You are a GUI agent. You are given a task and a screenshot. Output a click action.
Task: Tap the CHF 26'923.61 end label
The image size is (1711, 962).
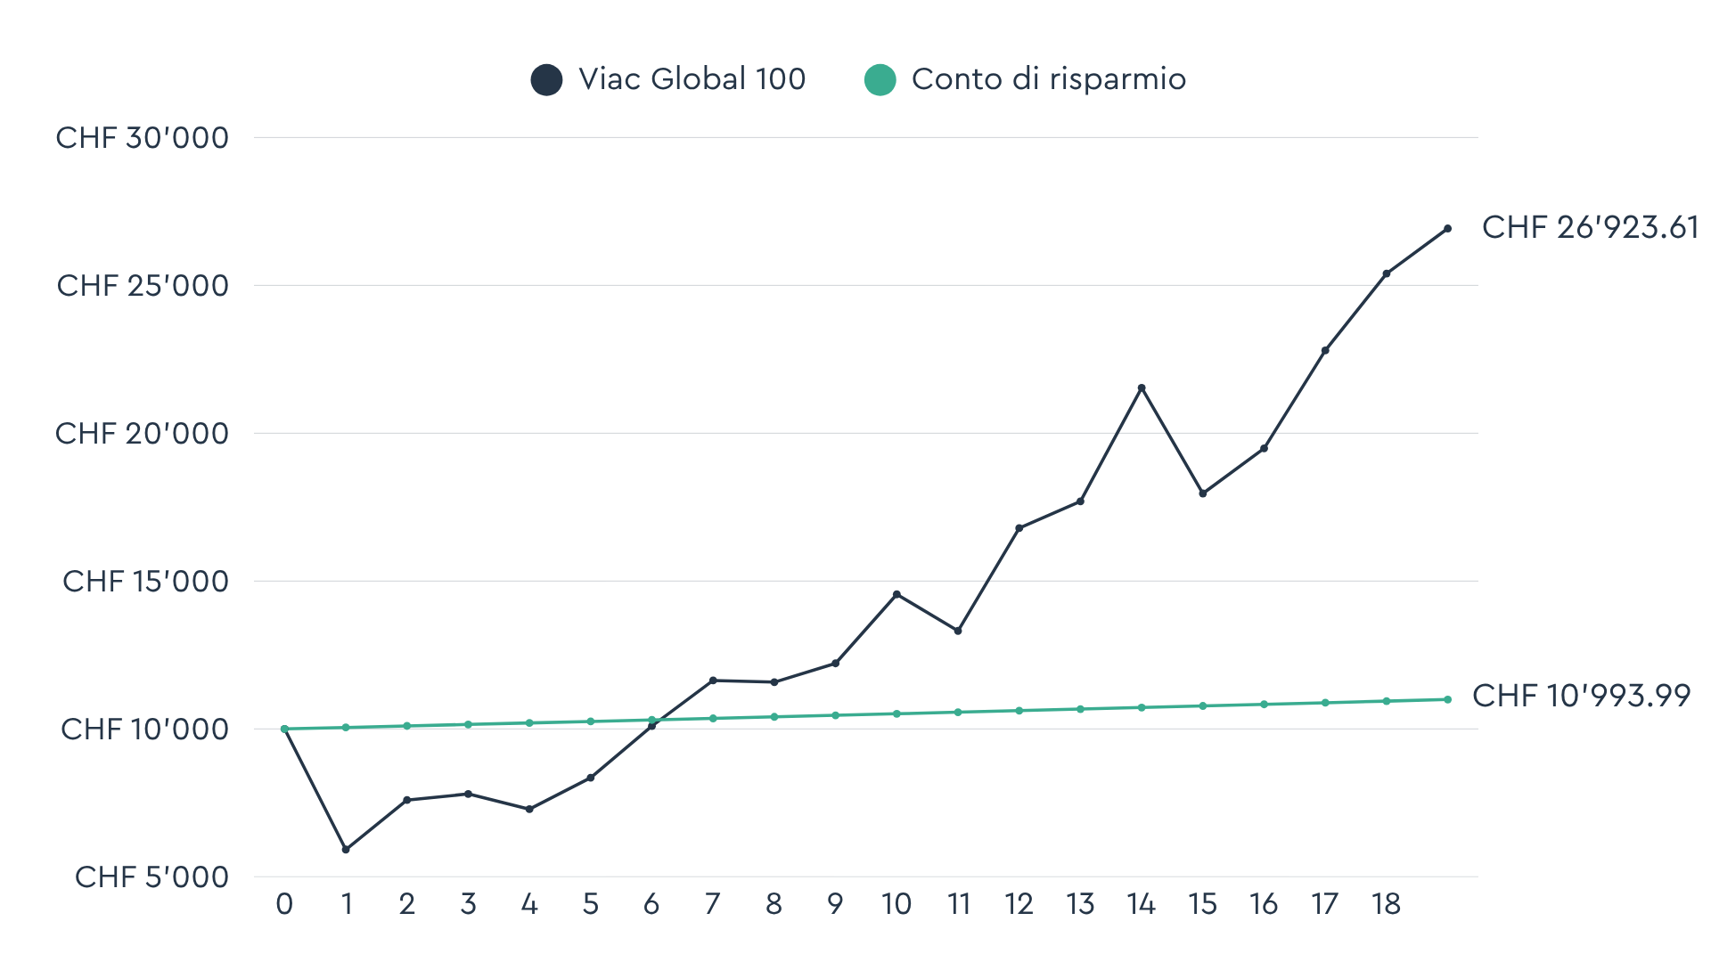(1590, 228)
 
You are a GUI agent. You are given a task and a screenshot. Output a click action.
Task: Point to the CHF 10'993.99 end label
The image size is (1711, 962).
(1581, 696)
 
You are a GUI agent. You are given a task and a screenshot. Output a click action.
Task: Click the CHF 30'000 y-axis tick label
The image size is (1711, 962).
(143, 138)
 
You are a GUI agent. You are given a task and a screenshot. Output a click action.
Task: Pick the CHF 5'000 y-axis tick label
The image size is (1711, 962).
(151, 877)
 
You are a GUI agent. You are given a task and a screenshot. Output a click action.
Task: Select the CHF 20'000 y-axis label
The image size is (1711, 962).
(143, 434)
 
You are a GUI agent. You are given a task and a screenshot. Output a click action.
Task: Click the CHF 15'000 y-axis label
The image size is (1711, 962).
(145, 582)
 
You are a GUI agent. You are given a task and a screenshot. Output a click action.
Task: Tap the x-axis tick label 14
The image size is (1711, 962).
(1141, 905)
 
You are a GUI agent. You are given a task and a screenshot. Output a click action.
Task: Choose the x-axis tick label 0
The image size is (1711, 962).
(284, 905)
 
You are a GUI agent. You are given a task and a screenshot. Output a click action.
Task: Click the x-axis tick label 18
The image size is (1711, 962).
(1386, 905)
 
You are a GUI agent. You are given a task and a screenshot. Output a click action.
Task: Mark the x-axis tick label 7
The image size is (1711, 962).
(712, 905)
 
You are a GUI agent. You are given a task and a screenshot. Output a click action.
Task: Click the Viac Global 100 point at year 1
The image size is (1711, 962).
(346, 849)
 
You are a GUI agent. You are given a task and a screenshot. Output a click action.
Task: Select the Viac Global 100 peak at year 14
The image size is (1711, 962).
(1142, 388)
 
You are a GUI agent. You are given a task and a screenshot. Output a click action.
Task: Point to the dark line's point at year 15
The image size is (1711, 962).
(1202, 493)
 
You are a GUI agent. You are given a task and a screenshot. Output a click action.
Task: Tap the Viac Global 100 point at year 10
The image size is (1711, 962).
(896, 594)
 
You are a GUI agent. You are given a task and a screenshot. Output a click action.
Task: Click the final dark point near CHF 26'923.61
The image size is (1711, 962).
(1447, 229)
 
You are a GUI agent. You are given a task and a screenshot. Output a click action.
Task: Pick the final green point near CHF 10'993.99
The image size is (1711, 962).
(1447, 699)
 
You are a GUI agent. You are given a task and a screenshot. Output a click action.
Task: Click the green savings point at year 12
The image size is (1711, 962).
(1019, 711)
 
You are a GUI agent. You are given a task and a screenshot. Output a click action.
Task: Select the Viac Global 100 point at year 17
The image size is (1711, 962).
(1325, 351)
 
